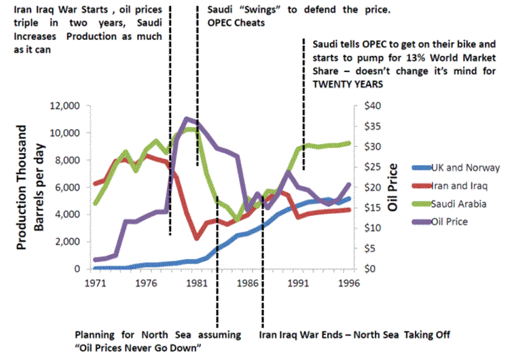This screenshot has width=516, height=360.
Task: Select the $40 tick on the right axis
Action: tap(373, 106)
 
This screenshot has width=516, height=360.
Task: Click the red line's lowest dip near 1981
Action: tap(196, 238)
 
